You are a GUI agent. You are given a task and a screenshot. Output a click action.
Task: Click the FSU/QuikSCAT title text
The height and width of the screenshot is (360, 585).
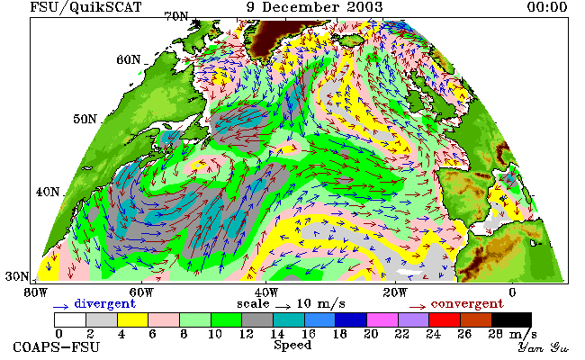[x=85, y=7]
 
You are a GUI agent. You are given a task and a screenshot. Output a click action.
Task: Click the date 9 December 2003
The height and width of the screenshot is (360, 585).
[x=314, y=7]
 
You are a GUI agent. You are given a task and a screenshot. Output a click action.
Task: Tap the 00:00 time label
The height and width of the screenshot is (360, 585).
[x=547, y=7]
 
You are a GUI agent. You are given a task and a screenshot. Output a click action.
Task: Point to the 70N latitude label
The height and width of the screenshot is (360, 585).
[x=176, y=16]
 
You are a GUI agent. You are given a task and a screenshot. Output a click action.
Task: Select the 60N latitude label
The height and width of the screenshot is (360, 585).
[x=129, y=59]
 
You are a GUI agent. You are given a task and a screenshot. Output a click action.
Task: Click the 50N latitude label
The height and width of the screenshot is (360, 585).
[x=85, y=119]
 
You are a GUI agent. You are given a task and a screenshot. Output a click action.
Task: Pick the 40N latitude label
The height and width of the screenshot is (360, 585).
[x=48, y=192]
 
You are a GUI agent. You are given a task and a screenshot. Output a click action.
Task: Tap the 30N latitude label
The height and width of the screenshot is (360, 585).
[x=17, y=276]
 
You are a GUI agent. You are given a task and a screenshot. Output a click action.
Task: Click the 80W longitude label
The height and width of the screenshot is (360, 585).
[x=36, y=292]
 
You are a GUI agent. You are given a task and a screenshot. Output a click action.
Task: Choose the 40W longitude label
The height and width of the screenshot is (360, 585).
[x=266, y=292]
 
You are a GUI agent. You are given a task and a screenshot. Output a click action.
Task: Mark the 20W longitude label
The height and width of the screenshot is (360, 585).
[x=395, y=292]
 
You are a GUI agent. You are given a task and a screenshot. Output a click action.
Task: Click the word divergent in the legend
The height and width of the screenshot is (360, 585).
[x=104, y=304]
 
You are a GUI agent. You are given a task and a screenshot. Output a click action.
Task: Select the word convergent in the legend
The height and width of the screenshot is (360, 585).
[x=467, y=304]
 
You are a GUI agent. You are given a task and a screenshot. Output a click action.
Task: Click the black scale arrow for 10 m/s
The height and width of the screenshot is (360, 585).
[x=283, y=307]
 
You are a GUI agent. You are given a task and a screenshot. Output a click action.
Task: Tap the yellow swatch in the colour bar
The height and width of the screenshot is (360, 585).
[x=132, y=320]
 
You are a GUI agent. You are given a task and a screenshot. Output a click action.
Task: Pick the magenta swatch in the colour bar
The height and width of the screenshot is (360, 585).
[x=382, y=320]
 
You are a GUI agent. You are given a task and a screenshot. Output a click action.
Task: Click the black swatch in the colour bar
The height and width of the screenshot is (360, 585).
[x=511, y=320]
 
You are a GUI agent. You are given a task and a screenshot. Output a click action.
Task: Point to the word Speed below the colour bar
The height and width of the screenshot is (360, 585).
[x=292, y=345]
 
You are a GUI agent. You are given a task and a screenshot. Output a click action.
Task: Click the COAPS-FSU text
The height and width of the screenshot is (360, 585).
[x=57, y=347]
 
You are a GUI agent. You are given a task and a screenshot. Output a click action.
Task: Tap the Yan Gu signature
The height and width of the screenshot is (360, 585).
[x=544, y=347]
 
